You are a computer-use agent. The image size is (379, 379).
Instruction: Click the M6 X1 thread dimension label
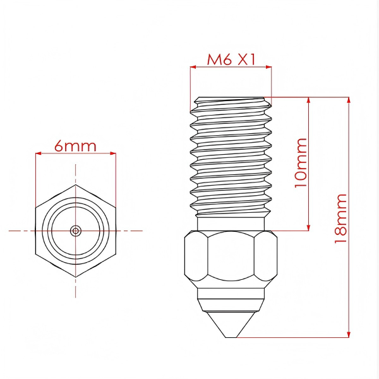point(231,59)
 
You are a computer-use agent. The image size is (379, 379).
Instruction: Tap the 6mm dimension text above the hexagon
point(75,146)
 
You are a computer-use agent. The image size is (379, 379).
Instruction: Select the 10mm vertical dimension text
point(301,163)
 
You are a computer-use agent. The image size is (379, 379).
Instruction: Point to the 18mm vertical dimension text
point(341,219)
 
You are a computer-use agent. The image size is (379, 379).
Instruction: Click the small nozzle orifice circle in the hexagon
point(76,231)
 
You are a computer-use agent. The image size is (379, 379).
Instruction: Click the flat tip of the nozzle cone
point(232,337)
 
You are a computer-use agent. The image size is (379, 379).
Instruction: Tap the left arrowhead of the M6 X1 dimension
point(193,67)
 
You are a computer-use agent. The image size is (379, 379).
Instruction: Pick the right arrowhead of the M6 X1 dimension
point(268,67)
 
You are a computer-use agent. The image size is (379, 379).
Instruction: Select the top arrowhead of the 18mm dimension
point(349,100)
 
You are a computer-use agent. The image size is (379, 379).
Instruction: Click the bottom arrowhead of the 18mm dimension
point(349,334)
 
